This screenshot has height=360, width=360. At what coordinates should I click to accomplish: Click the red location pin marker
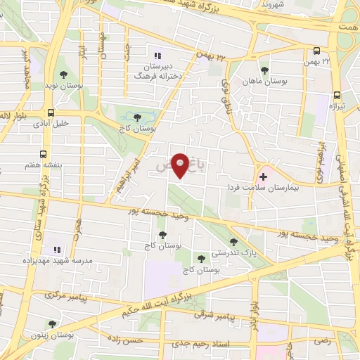tap(181, 165)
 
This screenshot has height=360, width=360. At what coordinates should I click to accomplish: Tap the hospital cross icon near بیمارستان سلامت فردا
tap(264, 176)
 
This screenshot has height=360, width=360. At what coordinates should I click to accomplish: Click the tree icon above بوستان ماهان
tap(264, 70)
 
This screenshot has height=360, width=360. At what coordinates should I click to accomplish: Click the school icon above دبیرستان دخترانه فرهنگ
tap(157, 56)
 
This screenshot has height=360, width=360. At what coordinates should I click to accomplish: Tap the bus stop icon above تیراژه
tap(337, 94)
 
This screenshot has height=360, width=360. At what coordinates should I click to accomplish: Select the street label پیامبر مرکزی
tap(69, 295)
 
